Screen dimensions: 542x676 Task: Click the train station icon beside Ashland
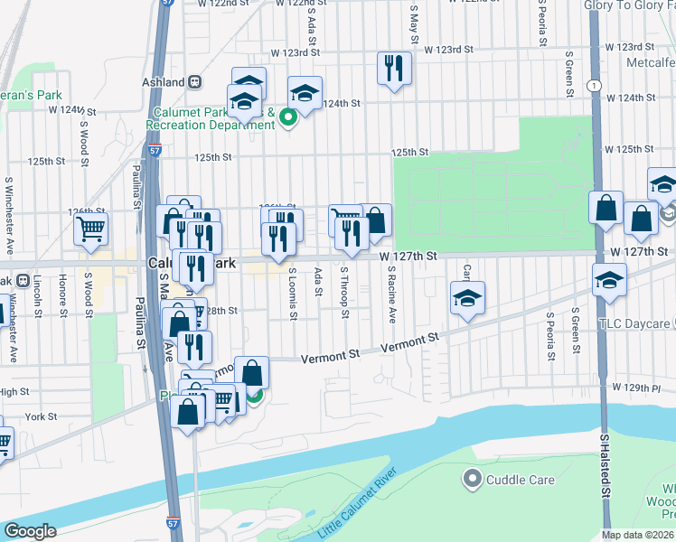point(194,81)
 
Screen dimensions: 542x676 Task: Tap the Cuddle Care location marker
point(471,478)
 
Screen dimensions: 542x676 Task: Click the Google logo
point(30,530)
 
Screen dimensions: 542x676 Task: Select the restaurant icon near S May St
point(394,69)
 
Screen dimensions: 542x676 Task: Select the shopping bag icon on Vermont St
point(252,371)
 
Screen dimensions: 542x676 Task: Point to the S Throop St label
point(345,294)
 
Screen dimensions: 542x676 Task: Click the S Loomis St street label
point(293,294)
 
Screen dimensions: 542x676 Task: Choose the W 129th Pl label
point(647,388)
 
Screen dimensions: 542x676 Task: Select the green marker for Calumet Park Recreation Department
point(288,117)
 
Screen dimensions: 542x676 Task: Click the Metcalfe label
point(649,62)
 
